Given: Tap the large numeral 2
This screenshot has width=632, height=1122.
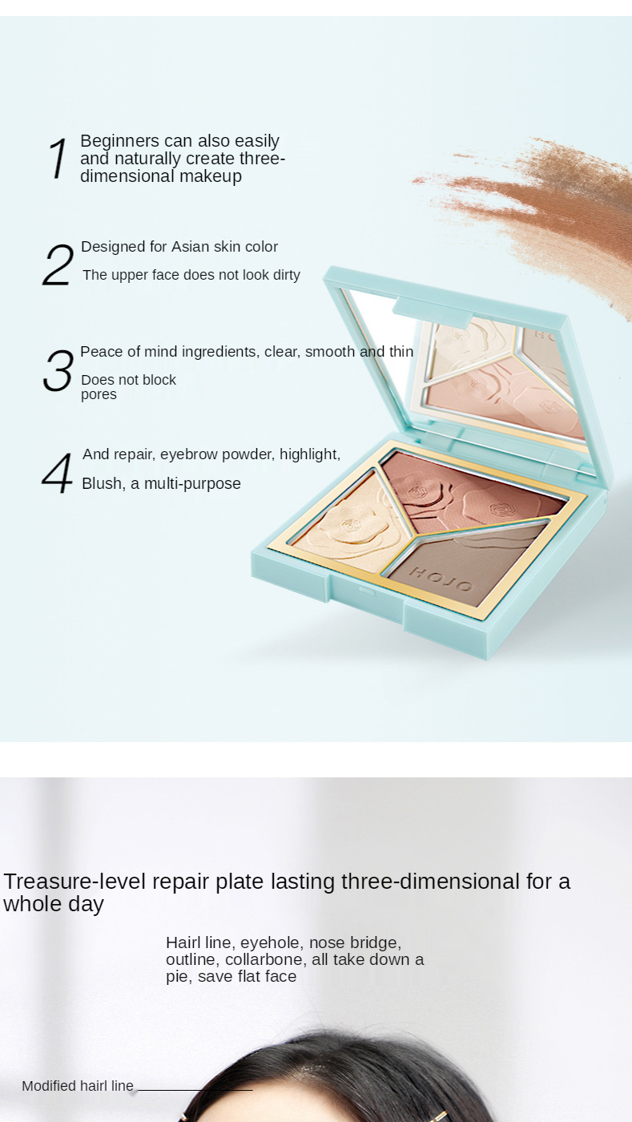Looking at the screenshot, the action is (x=58, y=265).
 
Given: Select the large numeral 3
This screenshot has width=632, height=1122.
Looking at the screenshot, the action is (x=58, y=370).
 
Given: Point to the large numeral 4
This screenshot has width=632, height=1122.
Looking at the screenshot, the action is (x=57, y=474).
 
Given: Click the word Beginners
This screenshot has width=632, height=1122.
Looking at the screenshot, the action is (x=119, y=141).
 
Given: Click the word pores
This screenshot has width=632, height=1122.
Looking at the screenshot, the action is (x=99, y=395).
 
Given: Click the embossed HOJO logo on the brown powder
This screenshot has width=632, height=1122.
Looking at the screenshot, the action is (x=441, y=579).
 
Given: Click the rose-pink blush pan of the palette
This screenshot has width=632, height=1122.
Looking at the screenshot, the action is (x=469, y=494).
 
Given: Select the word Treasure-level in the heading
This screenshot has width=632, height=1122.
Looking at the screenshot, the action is (x=74, y=882).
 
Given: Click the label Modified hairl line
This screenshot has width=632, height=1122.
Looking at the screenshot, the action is (x=78, y=1086).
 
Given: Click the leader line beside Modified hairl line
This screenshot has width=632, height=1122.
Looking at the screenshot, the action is (x=195, y=1089).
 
